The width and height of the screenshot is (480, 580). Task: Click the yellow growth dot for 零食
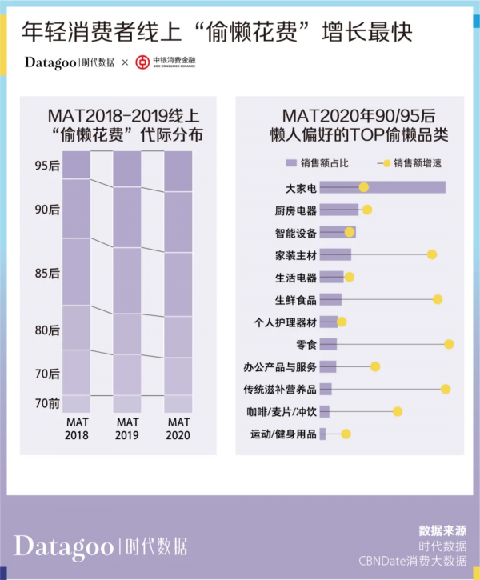click(449, 344)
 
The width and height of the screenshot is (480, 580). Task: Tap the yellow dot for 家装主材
click(432, 254)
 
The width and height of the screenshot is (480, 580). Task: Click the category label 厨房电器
click(295, 210)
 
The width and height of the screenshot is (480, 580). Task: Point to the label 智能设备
click(295, 233)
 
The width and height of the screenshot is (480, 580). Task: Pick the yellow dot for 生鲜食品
click(438, 299)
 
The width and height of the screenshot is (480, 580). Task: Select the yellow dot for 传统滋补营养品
click(446, 389)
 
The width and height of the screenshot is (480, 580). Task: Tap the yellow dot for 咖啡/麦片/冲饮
click(398, 411)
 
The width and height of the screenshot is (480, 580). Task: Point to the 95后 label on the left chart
click(47, 166)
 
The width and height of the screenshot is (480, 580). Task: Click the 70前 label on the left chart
click(47, 403)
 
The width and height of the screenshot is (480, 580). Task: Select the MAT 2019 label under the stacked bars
click(127, 428)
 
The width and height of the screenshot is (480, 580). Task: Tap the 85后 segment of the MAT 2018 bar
click(77, 272)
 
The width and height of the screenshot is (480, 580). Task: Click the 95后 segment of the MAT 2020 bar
click(178, 171)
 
